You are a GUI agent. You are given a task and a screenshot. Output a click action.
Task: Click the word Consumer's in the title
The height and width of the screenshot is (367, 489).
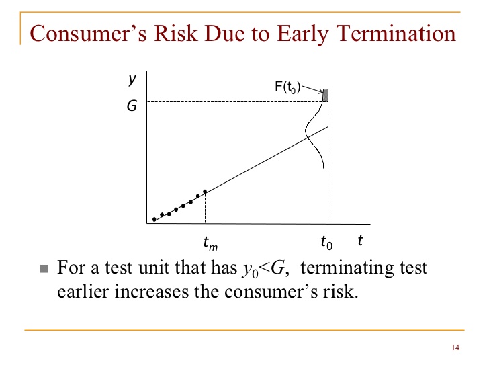point(88,34)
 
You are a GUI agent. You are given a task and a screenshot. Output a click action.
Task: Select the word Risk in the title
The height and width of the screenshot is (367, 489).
point(176,34)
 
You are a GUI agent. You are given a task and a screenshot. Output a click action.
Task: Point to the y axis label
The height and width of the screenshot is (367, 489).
point(132,79)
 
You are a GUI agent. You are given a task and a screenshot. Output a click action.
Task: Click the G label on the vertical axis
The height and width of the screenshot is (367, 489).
point(132,106)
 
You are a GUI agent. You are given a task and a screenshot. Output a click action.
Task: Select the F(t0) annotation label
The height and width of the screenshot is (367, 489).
point(287,87)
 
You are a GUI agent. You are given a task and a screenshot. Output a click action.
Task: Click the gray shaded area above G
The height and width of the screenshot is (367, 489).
point(325,95)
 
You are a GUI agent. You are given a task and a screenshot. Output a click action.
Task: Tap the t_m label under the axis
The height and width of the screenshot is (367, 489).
point(210,243)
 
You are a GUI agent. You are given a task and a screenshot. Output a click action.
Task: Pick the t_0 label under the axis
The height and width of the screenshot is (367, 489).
point(327,243)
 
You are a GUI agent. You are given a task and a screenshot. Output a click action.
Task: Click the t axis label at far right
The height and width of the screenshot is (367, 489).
point(360,241)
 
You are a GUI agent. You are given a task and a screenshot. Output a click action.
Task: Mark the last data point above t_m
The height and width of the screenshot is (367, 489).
point(205,192)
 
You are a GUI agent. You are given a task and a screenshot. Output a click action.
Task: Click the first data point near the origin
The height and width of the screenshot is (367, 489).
point(154,219)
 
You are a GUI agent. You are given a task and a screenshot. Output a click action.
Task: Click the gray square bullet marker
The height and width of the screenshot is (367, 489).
point(44,269)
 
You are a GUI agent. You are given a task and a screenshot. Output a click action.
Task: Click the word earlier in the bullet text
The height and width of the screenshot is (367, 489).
point(83,292)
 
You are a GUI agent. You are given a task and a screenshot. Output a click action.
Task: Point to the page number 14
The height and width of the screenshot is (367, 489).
point(455,348)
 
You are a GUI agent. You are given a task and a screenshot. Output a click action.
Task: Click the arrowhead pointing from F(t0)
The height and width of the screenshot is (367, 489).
point(321,91)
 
